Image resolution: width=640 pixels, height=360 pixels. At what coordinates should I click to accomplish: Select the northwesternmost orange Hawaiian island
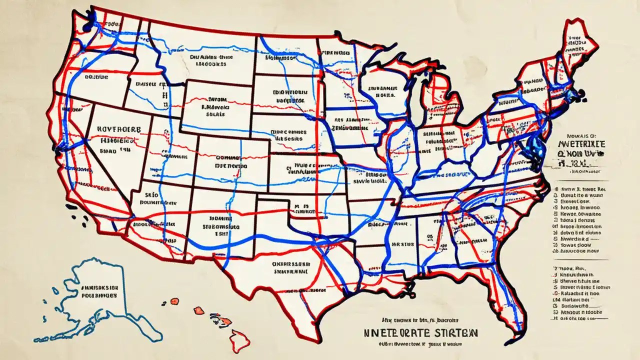pyautogui.click(x=174, y=301)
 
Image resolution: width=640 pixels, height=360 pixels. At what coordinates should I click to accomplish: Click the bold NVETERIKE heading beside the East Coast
pyautogui.click(x=581, y=144)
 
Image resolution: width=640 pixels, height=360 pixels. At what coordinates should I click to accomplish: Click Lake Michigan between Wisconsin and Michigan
pyautogui.click(x=414, y=90)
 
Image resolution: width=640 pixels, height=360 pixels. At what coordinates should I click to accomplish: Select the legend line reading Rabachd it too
pyautogui.click(x=578, y=294)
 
